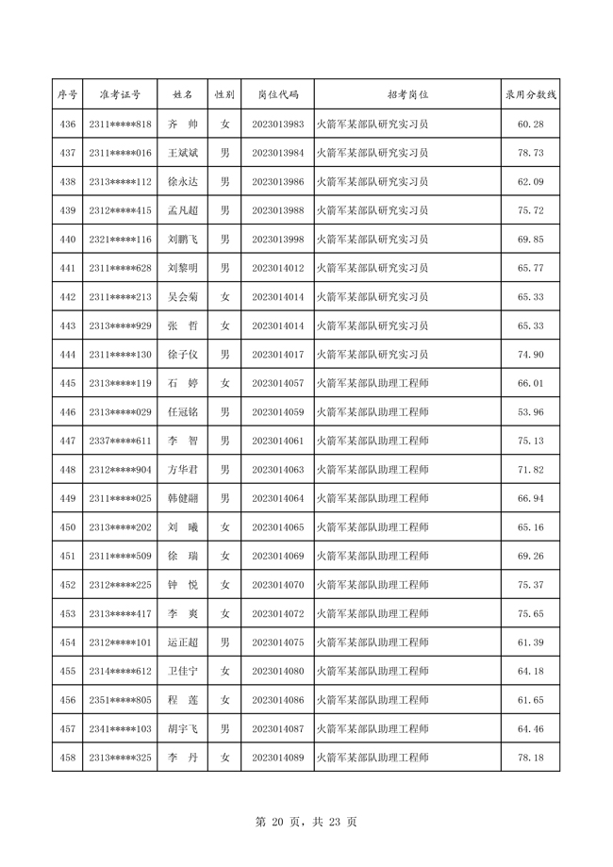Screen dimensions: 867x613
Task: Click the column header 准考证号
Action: click(119, 94)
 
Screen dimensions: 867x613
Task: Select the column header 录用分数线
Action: click(531, 94)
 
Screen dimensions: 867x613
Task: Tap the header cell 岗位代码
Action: click(277, 94)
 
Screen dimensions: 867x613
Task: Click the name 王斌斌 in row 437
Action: click(182, 153)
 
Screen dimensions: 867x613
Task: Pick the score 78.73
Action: click(531, 153)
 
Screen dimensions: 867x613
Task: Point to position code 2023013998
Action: click(277, 240)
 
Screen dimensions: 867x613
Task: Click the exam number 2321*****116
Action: click(119, 240)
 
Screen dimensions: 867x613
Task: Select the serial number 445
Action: click(67, 383)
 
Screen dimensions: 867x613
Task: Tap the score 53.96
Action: click(531, 412)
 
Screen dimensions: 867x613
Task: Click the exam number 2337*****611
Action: click(119, 441)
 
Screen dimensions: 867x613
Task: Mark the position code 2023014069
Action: click(277, 556)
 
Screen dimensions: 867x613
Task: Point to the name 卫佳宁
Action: click(182, 671)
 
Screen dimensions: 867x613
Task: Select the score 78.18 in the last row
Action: click(531, 757)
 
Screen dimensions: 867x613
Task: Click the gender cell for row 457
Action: click(224, 728)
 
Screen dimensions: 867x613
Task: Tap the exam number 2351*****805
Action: click(119, 700)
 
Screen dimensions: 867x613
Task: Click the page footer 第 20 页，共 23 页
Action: click(306, 822)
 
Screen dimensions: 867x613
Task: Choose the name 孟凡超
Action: click(182, 210)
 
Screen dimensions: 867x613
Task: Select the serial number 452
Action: click(67, 585)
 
